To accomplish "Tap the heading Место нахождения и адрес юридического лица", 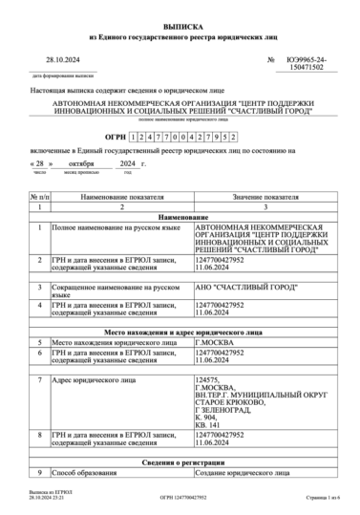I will (x=180, y=331).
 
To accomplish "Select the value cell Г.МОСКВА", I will (x=213, y=341).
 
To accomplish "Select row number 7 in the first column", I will (x=38, y=380).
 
